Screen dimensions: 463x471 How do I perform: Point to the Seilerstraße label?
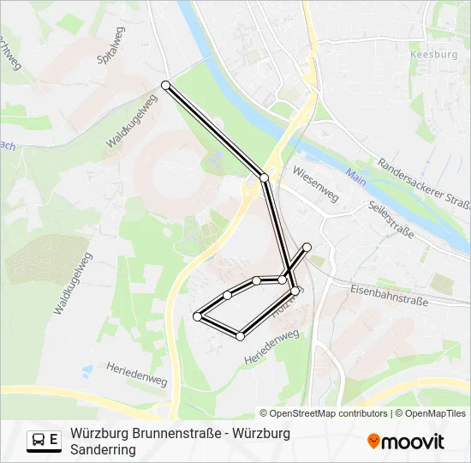pos(390,220)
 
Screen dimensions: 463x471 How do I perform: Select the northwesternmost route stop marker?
pos(165,85)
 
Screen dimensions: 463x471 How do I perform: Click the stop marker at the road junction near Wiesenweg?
pos(265,177)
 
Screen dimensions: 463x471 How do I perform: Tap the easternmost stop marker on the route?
pos(307,247)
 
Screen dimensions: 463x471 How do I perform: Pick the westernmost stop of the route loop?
pos(198,316)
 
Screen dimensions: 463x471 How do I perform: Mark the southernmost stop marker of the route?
pos(241,336)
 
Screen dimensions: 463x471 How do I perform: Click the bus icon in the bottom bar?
pos(39,440)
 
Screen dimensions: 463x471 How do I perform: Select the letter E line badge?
pos(55,440)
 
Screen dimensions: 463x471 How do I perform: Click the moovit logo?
pos(406,442)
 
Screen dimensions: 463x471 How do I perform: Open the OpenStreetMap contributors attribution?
pos(328,413)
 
